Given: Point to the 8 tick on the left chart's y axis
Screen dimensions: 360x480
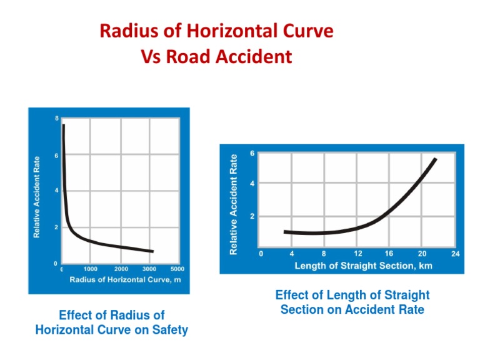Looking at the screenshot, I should pyautogui.click(x=57, y=119).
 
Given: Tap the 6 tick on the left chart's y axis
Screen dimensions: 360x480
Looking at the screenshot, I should pyautogui.click(x=57, y=156).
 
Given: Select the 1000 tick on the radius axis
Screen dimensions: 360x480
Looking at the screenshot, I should pyautogui.click(x=91, y=269).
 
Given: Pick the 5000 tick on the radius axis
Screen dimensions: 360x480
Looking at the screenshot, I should pyautogui.click(x=177, y=269).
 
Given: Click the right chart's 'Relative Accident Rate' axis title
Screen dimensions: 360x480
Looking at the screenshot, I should pyautogui.click(x=234, y=204).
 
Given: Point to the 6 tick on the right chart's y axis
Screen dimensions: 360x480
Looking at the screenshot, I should pyautogui.click(x=252, y=153).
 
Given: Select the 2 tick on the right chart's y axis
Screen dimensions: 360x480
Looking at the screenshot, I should pyautogui.click(x=252, y=216).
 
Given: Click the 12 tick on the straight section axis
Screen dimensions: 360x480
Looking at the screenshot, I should pyautogui.click(x=358, y=254).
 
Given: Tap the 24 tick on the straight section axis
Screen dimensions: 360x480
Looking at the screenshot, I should pyautogui.click(x=455, y=254).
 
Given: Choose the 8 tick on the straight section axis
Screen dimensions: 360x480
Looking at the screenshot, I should pyautogui.click(x=324, y=254).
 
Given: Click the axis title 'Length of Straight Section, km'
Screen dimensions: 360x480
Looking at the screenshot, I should pyautogui.click(x=363, y=266).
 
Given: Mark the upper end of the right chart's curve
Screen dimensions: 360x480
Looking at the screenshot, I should pyautogui.click(x=435, y=159).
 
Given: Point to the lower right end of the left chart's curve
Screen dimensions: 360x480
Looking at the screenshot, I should pyautogui.click(x=152, y=251).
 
